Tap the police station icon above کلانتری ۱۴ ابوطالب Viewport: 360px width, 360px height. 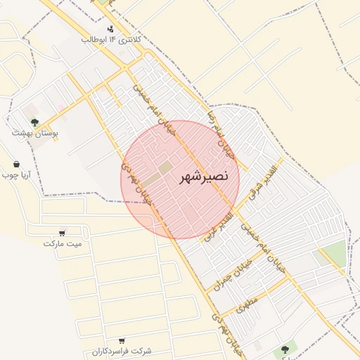pyautogui.click(x=110, y=29)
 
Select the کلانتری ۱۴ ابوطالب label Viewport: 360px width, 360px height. pyautogui.click(x=112, y=39)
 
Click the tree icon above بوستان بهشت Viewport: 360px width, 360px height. pyautogui.click(x=34, y=122)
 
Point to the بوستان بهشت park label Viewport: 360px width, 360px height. pyautogui.click(x=35, y=132)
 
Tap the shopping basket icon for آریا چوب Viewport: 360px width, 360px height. pyautogui.click(x=16, y=164)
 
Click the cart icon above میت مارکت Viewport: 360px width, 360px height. pyautogui.click(x=63, y=233)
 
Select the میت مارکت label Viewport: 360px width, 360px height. pyautogui.click(x=63, y=243)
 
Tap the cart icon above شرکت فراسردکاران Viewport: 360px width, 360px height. pyautogui.click(x=122, y=340)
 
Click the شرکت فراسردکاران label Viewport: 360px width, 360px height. pyautogui.click(x=122, y=350)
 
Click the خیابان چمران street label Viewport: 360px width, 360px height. pyautogui.click(x=232, y=280)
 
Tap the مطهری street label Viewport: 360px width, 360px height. pyautogui.click(x=248, y=304)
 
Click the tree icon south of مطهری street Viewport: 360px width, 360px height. pyautogui.click(x=285, y=349)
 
